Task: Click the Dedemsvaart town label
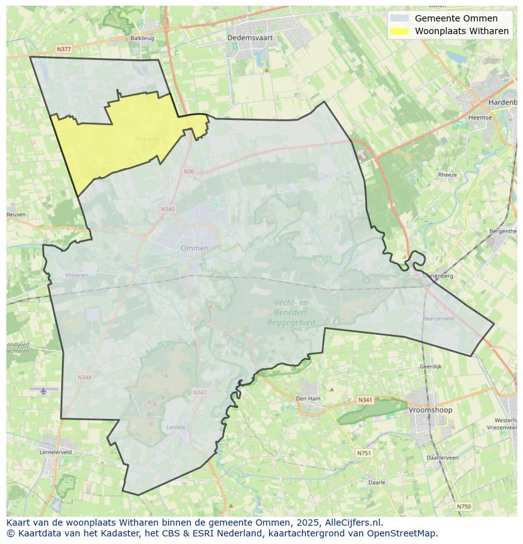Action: tap(250, 38)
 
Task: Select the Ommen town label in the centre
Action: tap(195, 248)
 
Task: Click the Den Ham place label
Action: tap(308, 399)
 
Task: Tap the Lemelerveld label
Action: tap(56, 452)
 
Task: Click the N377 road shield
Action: tap(64, 49)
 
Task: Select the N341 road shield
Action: tap(365, 400)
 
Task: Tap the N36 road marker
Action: tap(189, 171)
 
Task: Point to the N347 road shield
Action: tap(200, 392)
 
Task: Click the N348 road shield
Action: tap(85, 377)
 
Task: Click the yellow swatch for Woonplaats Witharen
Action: tap(399, 31)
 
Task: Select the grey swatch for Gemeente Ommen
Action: tap(399, 18)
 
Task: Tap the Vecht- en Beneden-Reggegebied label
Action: tap(291, 312)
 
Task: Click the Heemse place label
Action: tap(480, 118)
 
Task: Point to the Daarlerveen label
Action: tap(442, 457)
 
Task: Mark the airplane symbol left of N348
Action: tap(43, 390)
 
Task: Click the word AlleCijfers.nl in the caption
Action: tap(353, 523)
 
